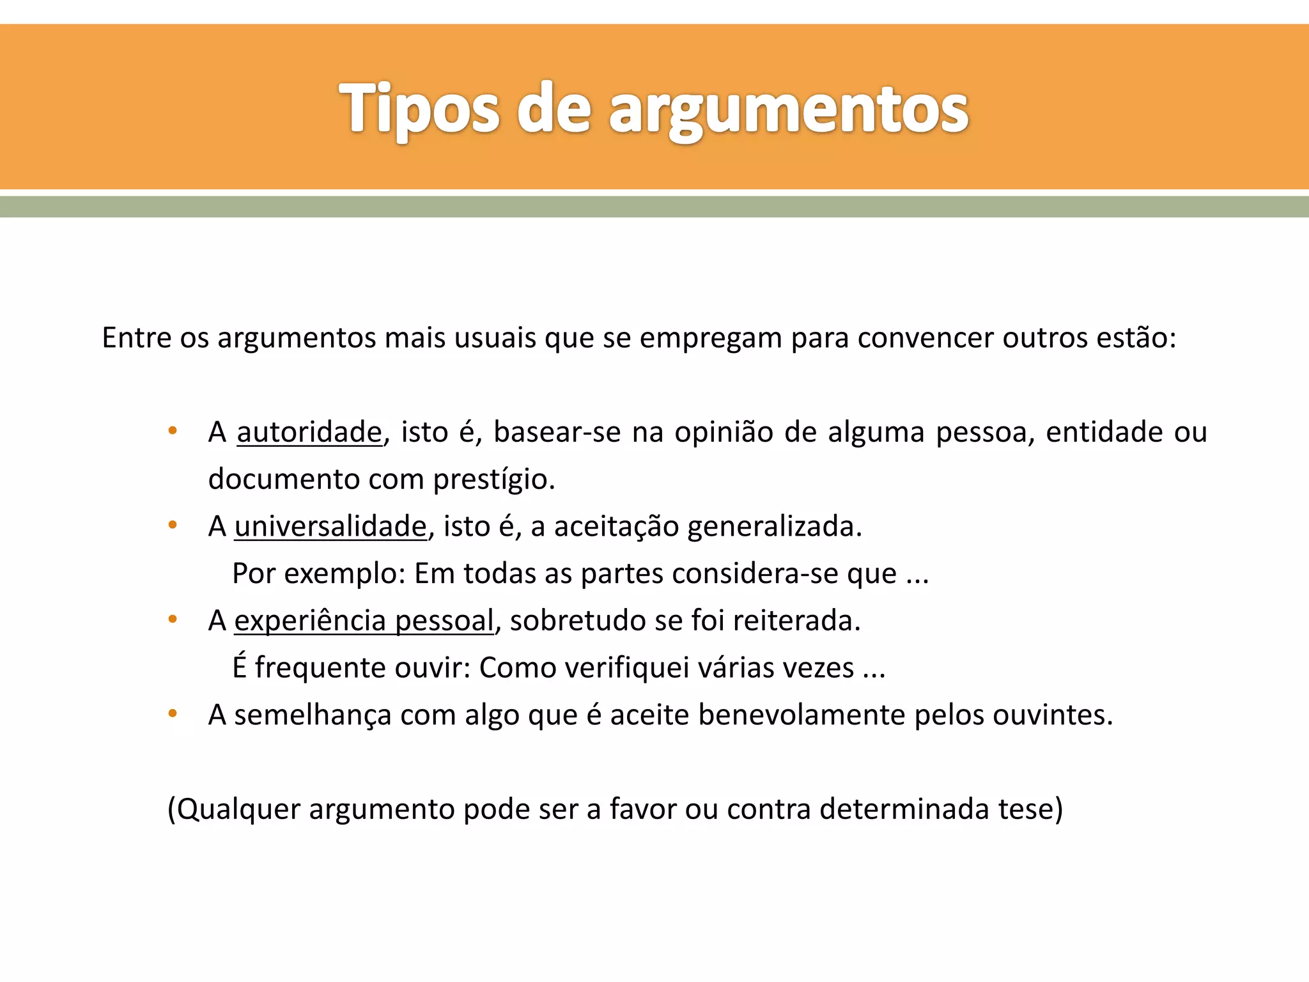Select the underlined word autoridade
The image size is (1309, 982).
point(309,432)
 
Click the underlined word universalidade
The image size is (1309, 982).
point(330,527)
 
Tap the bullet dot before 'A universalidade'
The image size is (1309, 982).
point(172,526)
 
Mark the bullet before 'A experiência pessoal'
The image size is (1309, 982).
point(172,620)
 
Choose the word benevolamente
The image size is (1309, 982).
point(802,715)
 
